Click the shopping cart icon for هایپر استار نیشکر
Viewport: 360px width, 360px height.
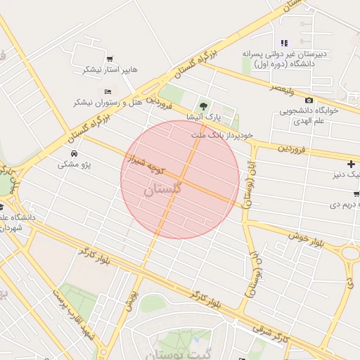tap(110, 58)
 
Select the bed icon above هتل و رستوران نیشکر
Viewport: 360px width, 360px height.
tap(108, 91)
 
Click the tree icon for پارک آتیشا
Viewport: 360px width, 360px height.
tap(204, 105)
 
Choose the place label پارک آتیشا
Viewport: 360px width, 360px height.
tap(204, 116)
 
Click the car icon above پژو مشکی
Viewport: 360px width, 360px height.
tap(75, 153)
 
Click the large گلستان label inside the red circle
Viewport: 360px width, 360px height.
tap(163, 189)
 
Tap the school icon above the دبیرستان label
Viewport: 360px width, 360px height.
tap(284, 43)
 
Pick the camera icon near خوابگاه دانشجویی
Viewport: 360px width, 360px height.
tap(309, 100)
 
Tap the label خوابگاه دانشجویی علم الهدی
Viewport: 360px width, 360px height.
tap(310, 115)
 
